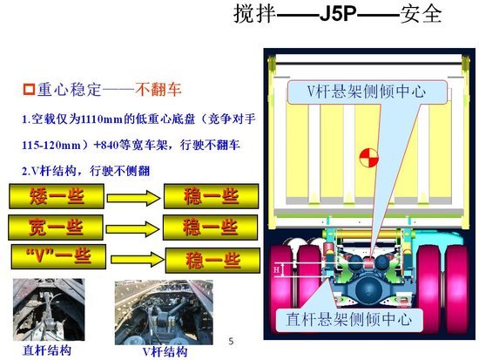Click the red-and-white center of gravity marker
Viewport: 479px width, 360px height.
pos(367,159)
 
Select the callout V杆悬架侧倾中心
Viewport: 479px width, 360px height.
pos(365,92)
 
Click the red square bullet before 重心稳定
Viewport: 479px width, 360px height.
pos(28,89)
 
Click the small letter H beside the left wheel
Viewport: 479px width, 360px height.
pos(277,270)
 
